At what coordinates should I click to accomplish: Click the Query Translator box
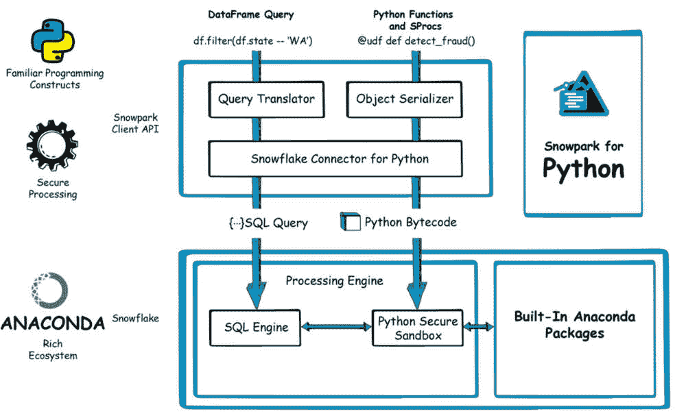(266, 99)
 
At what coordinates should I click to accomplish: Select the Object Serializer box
(405, 99)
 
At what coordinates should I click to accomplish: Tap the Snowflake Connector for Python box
(340, 159)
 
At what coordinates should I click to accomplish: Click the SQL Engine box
(256, 327)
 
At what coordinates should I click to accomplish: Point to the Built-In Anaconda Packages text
(575, 325)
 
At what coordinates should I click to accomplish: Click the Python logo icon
(52, 41)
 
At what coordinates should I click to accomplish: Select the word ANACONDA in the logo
(53, 323)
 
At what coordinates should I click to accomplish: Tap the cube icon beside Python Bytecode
(351, 222)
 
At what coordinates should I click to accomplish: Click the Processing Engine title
(334, 281)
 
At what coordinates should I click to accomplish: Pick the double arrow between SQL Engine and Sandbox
(335, 328)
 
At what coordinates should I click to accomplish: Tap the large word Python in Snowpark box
(583, 169)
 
